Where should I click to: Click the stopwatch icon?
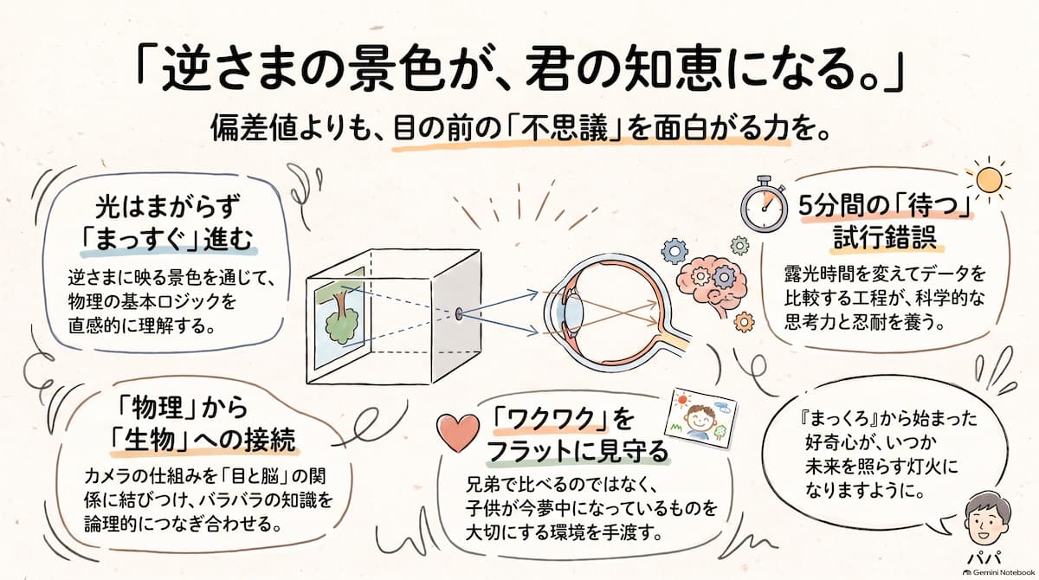coord(764,204)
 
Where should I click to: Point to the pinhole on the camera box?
coord(459,313)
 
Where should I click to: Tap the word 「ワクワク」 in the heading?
coord(551,420)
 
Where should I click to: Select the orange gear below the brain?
coord(744,322)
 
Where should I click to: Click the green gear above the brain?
coord(739,245)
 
